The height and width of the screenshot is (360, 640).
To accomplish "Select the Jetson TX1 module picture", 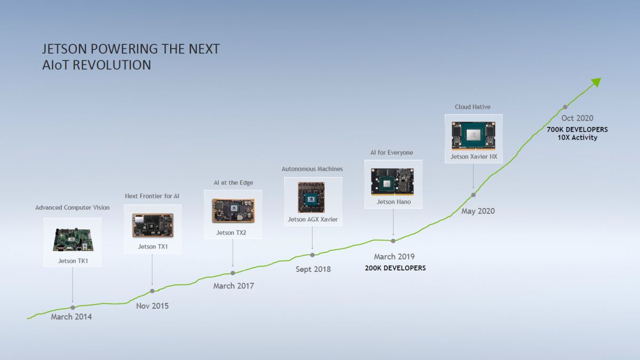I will point(153,225).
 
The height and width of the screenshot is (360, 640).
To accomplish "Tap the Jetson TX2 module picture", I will point(233,211).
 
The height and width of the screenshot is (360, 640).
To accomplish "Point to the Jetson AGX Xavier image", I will point(313,197).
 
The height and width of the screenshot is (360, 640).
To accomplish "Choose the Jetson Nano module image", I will point(393,181).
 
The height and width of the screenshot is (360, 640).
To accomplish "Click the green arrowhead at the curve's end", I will point(596,82).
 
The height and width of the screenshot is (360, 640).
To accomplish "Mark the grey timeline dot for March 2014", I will point(73,307).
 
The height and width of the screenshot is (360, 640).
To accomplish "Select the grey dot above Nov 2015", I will point(153,291).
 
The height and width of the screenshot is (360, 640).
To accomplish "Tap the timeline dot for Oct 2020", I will point(565,107).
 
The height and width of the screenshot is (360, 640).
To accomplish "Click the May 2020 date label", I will point(478,211).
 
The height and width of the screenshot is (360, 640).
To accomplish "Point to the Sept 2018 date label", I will point(313,269).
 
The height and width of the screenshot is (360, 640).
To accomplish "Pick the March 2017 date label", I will point(234,286).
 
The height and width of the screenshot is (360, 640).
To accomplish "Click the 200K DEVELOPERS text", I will point(395,268).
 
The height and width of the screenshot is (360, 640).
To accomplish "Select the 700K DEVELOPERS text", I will point(577,130).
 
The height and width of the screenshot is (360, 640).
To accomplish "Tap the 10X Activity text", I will point(577,138).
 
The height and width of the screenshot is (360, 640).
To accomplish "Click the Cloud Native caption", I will point(473,107).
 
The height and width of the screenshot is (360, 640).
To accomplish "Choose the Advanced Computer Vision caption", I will point(73,207).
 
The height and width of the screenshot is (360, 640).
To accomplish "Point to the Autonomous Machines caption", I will point(312,169).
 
